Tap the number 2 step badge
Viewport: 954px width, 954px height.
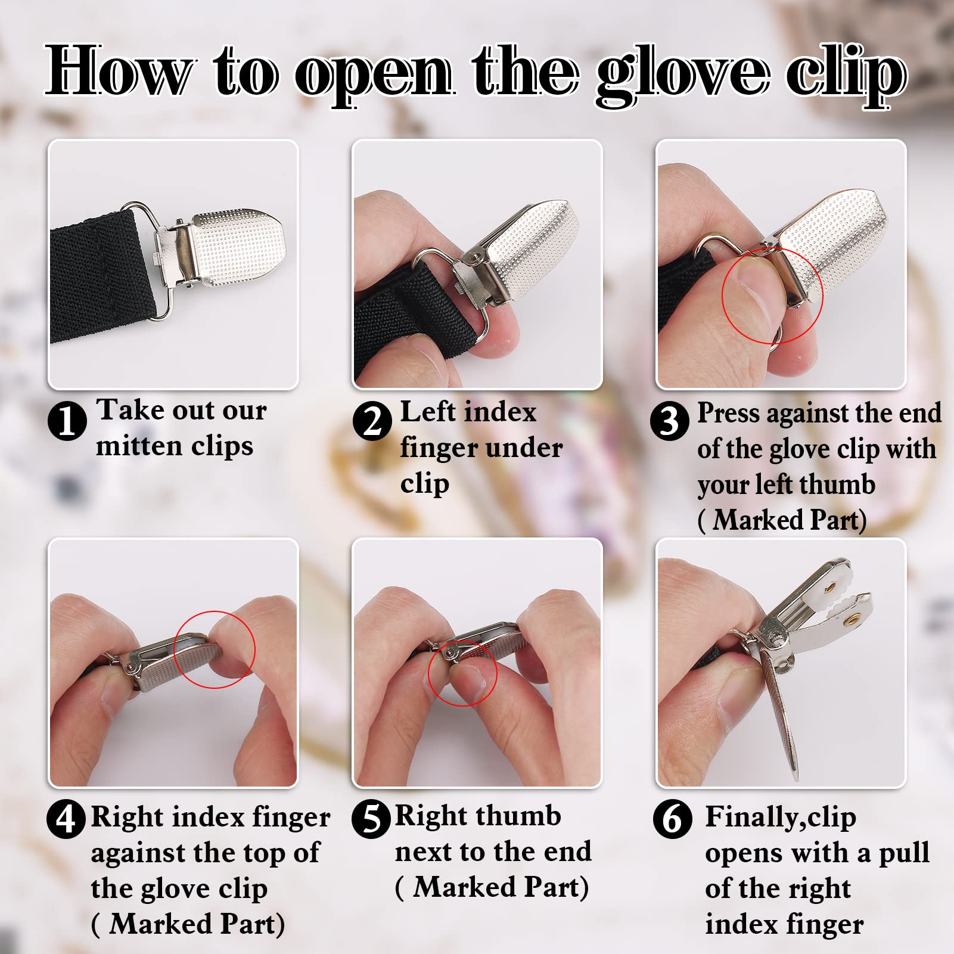(x=372, y=421)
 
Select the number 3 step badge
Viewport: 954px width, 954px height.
(x=670, y=421)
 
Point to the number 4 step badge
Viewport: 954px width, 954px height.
(x=66, y=819)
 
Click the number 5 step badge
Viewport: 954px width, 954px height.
(x=371, y=819)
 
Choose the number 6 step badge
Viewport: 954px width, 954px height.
(x=672, y=819)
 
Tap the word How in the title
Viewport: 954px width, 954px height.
(x=119, y=72)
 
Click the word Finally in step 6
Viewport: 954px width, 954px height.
(x=752, y=816)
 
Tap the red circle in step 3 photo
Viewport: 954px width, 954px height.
(x=772, y=296)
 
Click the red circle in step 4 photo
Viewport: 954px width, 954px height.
(x=215, y=650)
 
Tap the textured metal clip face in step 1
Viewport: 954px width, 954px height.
(x=238, y=244)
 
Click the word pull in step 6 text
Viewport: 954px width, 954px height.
(x=903, y=853)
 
